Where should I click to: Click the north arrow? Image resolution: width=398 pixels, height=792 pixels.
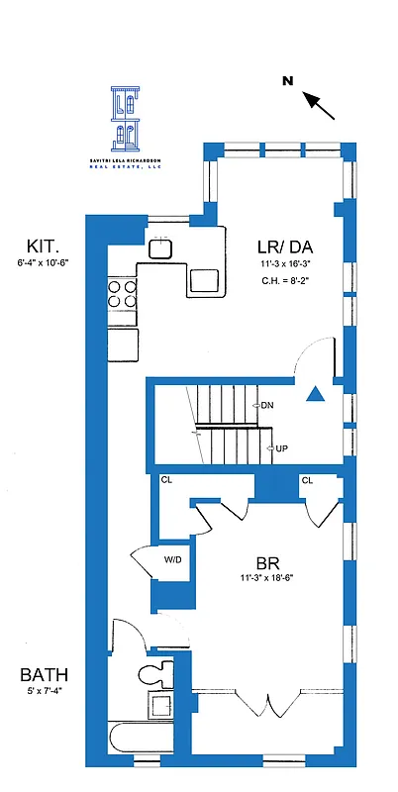(319, 103)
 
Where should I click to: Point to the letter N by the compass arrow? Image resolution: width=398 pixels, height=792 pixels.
(287, 81)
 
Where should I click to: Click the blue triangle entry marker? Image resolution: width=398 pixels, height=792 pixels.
(315, 395)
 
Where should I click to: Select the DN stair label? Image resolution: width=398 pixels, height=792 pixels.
(266, 406)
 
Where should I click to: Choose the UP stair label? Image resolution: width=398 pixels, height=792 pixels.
(281, 448)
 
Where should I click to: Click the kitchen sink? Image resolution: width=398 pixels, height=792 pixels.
(161, 248)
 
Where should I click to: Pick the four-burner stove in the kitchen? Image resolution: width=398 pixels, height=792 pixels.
(122, 293)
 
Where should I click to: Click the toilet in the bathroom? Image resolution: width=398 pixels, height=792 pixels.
(153, 676)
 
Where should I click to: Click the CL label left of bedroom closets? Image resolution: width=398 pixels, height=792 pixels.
(166, 480)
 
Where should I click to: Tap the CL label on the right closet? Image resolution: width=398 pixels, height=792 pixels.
(307, 480)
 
